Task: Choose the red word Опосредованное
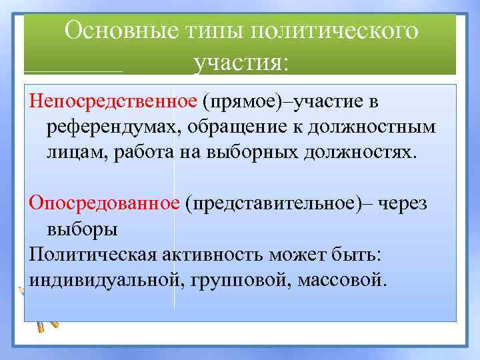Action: [x=104, y=203]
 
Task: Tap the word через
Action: [x=403, y=203]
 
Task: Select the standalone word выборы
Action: [x=81, y=228]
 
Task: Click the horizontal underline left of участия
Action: [x=73, y=71]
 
